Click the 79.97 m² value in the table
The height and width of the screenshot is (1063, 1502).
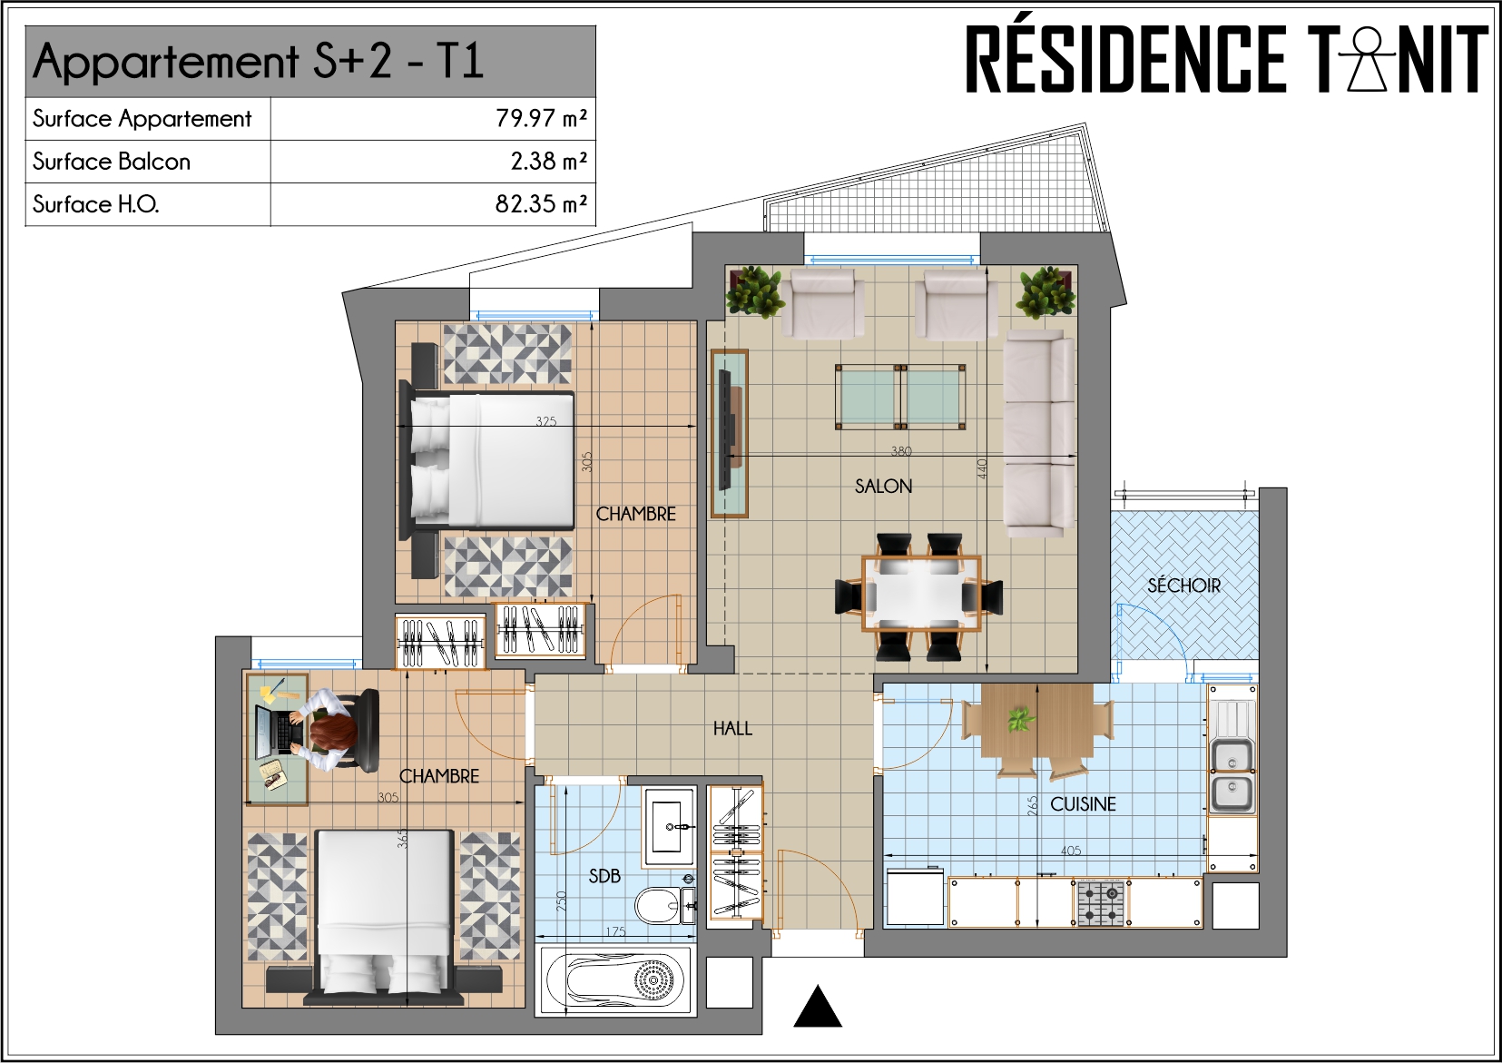(541, 119)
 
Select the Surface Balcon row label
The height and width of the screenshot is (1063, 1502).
(112, 162)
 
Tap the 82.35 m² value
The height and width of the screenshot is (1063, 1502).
(541, 204)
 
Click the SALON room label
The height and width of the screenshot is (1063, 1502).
(883, 486)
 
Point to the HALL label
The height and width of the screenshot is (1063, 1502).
(732, 728)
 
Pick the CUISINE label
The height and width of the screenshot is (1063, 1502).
(1083, 804)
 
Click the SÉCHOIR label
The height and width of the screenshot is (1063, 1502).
(1183, 585)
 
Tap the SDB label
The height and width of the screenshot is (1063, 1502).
(604, 875)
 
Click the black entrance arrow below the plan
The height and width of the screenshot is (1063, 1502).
(818, 1006)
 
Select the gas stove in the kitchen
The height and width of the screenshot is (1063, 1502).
(1100, 903)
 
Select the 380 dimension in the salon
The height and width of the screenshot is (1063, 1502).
(900, 450)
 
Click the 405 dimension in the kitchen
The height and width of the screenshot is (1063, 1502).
(1071, 851)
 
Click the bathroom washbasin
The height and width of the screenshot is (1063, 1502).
(669, 827)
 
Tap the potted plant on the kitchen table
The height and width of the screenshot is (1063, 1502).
(1020, 720)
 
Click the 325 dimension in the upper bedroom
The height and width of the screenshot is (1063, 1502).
(545, 421)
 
